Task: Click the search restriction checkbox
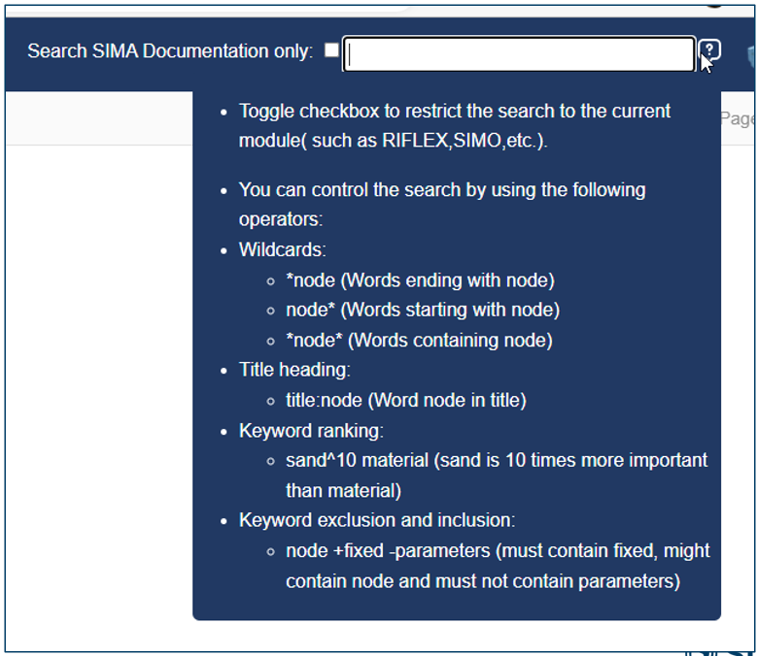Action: (x=331, y=50)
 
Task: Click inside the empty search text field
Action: (x=520, y=54)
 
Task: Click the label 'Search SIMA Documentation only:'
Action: (x=170, y=51)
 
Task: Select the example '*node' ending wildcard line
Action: (x=419, y=280)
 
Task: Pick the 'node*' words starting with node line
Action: (x=422, y=311)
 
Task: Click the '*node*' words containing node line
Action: (x=418, y=341)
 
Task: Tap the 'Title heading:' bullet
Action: (x=294, y=370)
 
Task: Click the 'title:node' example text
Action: (x=325, y=400)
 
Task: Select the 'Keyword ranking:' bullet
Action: (x=311, y=430)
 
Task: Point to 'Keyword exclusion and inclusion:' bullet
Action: (x=377, y=520)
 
